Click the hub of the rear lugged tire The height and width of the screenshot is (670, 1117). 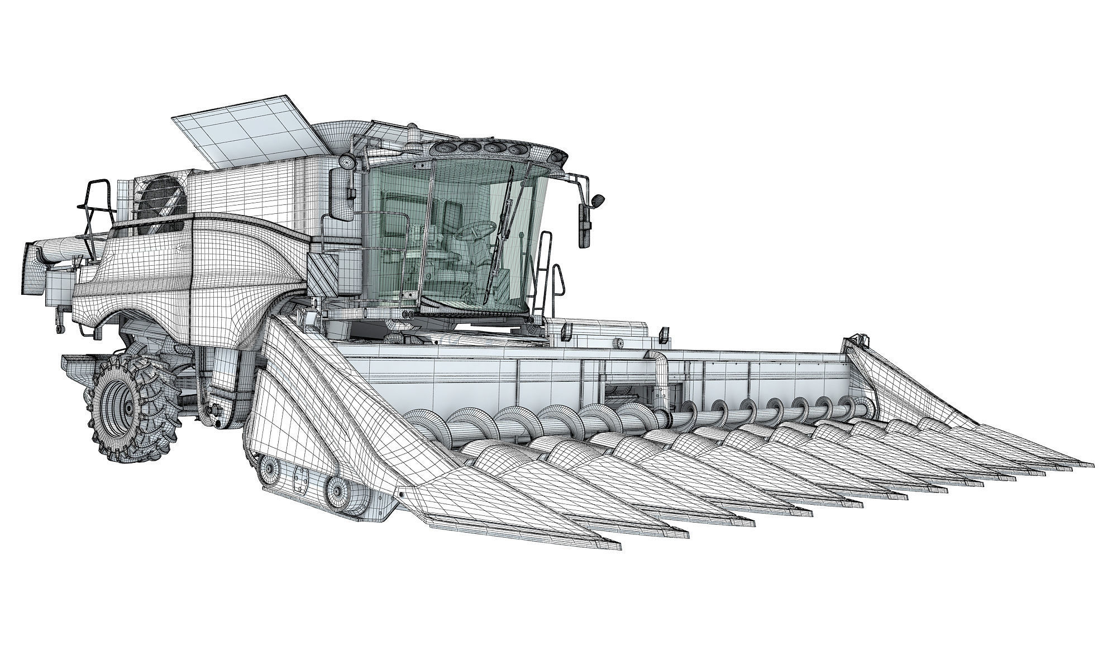127,410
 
